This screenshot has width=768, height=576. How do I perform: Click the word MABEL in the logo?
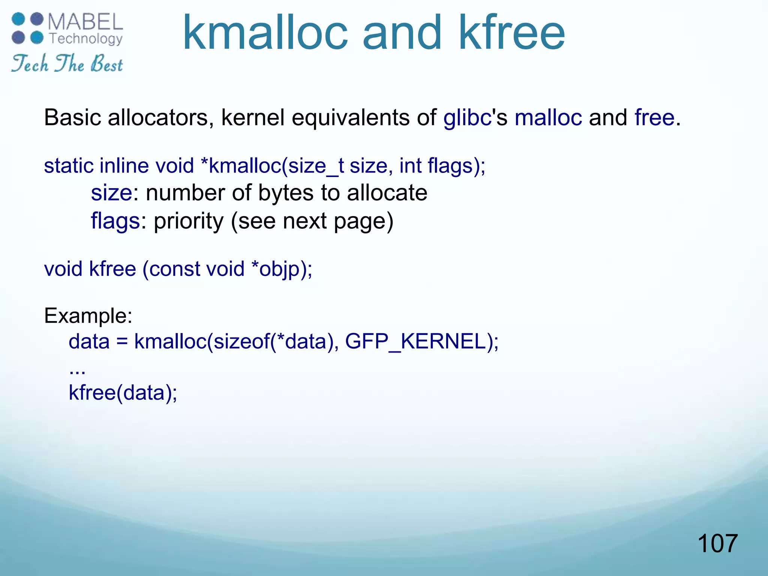pos(85,22)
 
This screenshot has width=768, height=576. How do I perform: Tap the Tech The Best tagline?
pos(67,63)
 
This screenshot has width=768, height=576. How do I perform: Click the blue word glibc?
pos(467,118)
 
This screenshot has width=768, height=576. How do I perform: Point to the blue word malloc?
pos(548,118)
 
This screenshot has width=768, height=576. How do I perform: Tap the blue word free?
pos(654,118)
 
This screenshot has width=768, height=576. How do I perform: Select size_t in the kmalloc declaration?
pos(316,166)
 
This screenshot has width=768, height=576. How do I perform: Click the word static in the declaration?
pos(68,166)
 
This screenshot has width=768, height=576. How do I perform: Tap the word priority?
pos(189,221)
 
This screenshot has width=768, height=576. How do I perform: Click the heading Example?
pos(88,316)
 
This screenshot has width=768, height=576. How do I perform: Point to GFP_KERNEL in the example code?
pos(415,342)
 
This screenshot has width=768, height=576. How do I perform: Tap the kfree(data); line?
pos(123,393)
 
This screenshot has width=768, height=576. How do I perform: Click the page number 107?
pos(717,543)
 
